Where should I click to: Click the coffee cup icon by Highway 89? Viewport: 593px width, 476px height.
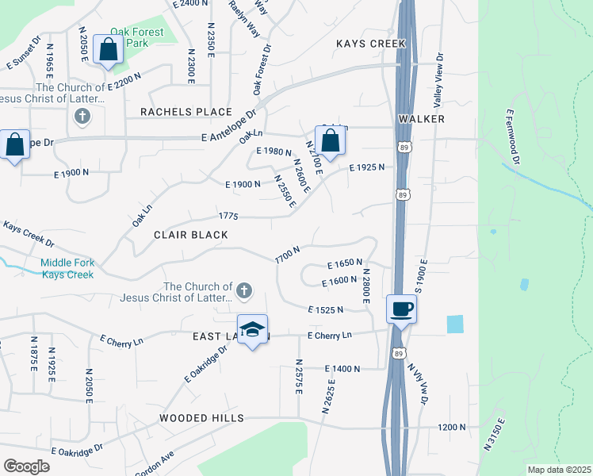pos(402,309)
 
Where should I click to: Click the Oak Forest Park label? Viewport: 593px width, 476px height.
pos(136,37)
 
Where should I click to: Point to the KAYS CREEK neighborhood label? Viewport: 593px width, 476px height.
pos(370,44)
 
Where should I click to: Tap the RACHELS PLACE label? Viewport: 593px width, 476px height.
pos(186,112)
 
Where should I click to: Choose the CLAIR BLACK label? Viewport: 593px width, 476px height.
pos(191,235)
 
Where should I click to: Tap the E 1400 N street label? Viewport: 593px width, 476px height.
pos(342,369)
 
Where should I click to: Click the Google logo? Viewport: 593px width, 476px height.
pos(26,466)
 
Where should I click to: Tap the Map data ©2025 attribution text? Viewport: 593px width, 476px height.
pos(558,470)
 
